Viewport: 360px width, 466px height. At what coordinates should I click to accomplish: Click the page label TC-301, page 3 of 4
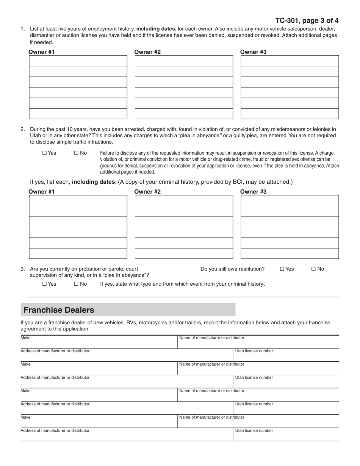point(307,20)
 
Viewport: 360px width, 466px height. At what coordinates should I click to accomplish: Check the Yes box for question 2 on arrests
point(44,153)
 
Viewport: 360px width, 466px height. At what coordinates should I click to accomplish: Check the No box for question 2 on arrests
point(76,153)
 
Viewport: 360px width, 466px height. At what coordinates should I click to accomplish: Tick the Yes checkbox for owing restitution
point(282,269)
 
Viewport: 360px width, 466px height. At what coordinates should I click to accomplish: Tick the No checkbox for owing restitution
point(313,269)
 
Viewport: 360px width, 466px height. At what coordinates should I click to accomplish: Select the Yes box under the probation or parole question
point(44,284)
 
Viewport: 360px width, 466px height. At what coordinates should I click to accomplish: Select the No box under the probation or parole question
point(76,284)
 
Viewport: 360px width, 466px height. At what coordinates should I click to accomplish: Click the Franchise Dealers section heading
point(59,310)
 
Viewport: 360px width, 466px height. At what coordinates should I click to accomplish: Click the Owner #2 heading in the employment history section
point(147,52)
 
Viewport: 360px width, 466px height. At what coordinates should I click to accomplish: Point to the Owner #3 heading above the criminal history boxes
point(253,192)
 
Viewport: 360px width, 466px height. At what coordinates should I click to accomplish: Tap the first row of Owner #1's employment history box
point(78,61)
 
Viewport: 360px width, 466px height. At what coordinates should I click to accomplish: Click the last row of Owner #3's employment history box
point(290,114)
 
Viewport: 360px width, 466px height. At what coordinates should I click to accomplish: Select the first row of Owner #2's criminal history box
point(184,200)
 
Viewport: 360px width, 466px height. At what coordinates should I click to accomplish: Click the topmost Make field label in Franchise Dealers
point(26,338)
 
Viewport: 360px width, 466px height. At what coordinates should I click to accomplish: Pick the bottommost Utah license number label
point(254,430)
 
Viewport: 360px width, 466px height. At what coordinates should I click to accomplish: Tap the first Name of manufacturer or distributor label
point(211,338)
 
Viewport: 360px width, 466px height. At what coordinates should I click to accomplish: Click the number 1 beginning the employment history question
point(22,28)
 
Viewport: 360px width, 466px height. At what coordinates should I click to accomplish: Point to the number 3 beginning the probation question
point(22,269)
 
